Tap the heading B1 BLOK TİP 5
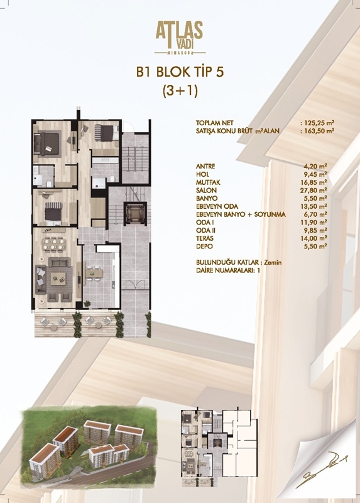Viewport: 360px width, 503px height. [180, 72]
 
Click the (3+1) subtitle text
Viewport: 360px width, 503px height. [180, 91]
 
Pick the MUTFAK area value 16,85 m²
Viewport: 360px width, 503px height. [315, 182]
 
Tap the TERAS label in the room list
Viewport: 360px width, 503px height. [205, 238]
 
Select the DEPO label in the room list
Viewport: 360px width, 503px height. [204, 246]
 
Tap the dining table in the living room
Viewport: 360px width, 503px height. [54, 243]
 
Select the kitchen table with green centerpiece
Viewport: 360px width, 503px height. [93, 274]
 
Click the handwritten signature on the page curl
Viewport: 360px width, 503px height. [323, 471]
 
